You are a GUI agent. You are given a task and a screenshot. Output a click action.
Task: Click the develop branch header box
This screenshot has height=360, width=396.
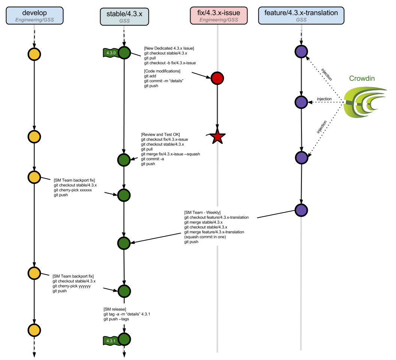pos(34,16)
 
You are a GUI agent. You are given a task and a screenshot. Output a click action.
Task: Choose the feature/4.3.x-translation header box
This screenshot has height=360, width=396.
pos(301,16)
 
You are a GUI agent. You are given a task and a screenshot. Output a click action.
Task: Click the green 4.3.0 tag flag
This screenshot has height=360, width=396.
pos(111,53)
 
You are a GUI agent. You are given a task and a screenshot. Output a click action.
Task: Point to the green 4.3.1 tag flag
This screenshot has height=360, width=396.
pos(111,340)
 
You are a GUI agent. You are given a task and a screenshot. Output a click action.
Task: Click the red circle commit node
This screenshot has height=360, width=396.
pos(217,78)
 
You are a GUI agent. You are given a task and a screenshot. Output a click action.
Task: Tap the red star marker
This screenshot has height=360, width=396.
pos(217,137)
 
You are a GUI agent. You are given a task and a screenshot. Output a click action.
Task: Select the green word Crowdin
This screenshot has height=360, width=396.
pos(362,78)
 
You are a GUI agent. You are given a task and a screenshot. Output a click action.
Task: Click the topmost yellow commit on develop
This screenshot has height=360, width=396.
pos(34,54)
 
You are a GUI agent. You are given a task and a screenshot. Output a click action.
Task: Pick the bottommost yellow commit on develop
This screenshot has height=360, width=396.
pos(34,330)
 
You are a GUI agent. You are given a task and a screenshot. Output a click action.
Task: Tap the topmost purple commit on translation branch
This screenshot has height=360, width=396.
pos(301,51)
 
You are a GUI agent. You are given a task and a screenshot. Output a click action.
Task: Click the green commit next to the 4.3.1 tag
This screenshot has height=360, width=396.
pos(124,339)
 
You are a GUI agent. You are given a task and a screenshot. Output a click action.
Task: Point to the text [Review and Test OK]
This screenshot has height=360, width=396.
pos(160,134)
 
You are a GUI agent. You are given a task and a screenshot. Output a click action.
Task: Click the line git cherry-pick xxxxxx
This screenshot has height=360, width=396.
pos(73,190)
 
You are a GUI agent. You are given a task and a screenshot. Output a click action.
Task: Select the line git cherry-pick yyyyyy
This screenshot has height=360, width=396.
pos(72,286)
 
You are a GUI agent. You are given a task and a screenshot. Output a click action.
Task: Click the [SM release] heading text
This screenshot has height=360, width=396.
pos(115,309)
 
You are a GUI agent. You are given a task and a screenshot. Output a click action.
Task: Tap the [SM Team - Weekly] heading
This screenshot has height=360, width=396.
pos(202,212)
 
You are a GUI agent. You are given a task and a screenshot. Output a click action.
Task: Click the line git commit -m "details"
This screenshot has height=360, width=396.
pos(163,81)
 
